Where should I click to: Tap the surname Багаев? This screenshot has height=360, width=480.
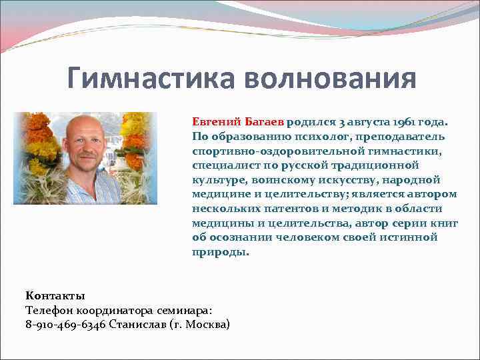(x=264, y=122)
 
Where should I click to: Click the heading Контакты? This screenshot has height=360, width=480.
(x=55, y=295)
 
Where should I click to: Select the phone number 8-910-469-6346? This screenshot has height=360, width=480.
(x=65, y=325)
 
